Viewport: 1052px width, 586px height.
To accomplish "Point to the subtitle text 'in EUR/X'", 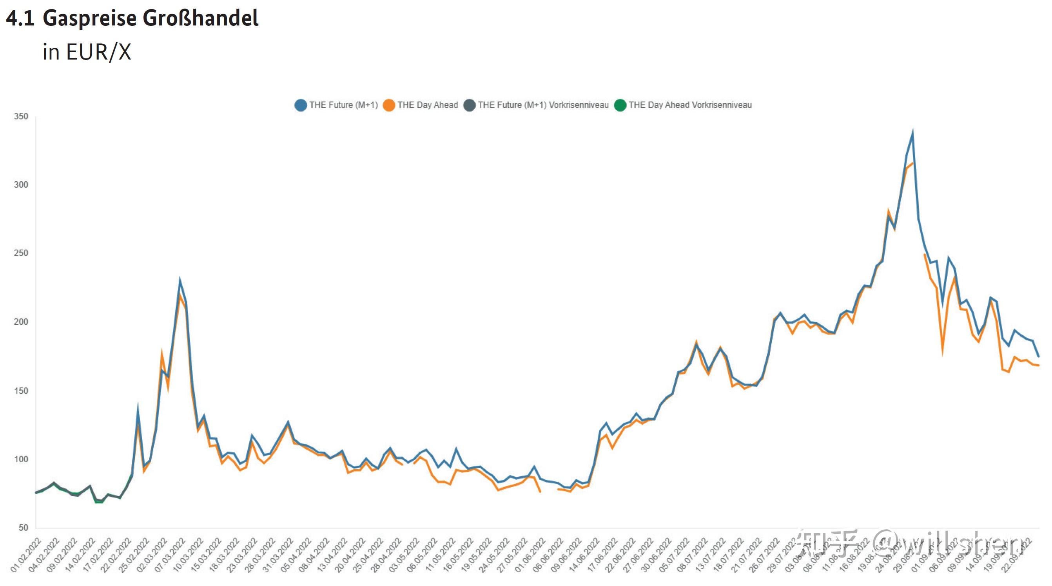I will click(87, 52).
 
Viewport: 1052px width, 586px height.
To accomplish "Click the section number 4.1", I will click(20, 18).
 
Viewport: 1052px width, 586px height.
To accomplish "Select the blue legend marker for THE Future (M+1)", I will click(301, 105).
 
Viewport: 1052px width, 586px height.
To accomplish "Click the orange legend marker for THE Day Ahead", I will click(389, 105).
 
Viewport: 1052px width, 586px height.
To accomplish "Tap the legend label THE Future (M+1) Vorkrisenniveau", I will click(543, 105).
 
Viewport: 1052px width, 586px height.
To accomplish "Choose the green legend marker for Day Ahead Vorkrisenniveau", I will click(620, 105).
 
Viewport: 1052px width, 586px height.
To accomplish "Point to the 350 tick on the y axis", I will click(21, 117).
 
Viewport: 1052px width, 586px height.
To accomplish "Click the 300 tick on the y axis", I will click(21, 185).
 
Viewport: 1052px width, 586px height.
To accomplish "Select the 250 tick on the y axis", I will click(21, 253).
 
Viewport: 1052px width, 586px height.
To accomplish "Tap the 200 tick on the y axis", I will click(21, 322).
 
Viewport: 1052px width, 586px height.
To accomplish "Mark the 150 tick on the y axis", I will click(21, 391).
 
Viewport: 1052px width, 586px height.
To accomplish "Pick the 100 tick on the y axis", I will click(21, 459).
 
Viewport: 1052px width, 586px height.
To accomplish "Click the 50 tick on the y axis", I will click(23, 528).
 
